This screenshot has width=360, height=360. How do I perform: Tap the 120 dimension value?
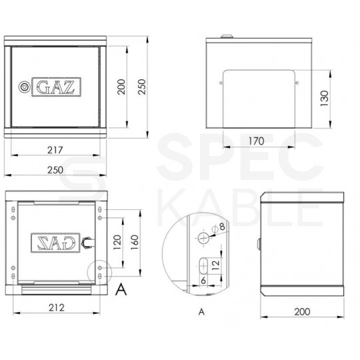117,240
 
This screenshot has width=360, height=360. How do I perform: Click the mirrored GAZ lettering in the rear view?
56,241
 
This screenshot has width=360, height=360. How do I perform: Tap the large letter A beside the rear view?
121,289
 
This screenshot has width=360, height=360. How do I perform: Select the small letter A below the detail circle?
201,311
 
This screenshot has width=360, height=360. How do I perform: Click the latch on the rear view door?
85,242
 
